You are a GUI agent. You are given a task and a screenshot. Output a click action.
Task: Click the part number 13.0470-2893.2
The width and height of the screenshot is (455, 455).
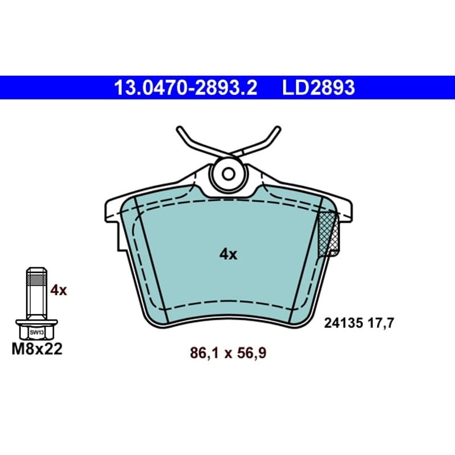pos(186,88)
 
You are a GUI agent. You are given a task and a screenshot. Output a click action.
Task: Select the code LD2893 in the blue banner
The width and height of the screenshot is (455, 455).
pos(318,88)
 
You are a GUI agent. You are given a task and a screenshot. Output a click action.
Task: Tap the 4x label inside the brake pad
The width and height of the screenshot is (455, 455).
pos(228,254)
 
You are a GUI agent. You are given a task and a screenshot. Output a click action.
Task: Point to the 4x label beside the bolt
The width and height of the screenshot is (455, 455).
pos(59,290)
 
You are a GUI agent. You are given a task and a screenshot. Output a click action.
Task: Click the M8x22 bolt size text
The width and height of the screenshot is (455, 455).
pos(37,349)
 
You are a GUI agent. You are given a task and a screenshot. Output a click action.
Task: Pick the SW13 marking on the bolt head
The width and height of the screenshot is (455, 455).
pos(36,333)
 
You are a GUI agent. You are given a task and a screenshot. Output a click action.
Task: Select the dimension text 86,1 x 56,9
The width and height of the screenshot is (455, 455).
pos(228,353)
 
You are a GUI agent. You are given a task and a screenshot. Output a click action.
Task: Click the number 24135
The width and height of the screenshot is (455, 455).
pos(344,323)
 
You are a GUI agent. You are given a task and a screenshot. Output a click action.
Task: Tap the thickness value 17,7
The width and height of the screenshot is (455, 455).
pos(380,323)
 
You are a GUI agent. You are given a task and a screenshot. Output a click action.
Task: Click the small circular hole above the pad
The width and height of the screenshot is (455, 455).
pos(228,174)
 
